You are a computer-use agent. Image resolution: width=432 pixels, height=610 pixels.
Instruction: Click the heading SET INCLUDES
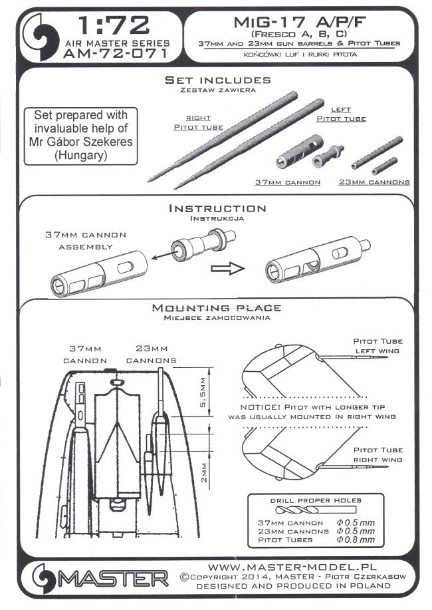coord(218,80)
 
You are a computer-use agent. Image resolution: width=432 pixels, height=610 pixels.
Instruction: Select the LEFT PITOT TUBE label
coord(340,114)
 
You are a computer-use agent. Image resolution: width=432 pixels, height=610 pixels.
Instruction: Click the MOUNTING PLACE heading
coord(217,309)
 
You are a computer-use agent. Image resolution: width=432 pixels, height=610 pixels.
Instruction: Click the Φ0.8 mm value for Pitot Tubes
coord(356,539)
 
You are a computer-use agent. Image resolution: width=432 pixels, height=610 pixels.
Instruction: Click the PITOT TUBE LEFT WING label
coord(377,346)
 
